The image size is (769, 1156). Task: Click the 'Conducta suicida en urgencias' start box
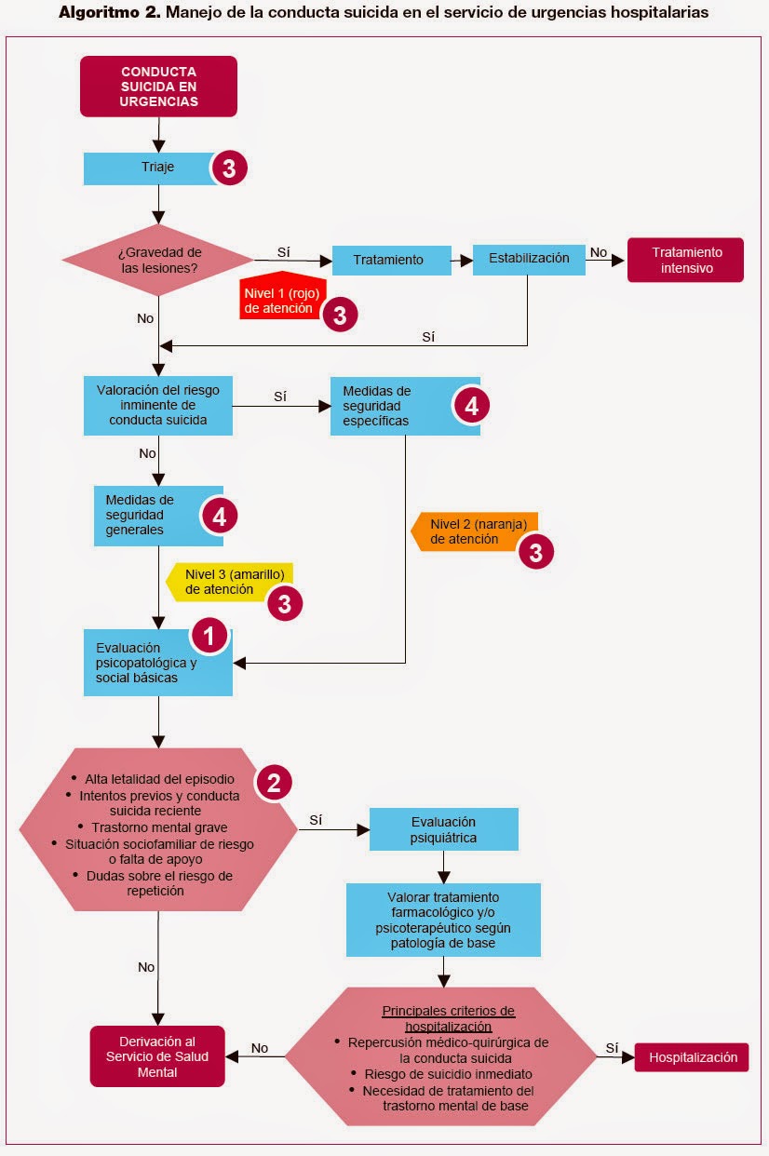158,87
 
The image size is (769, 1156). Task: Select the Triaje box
149,168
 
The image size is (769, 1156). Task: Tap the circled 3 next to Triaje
229,168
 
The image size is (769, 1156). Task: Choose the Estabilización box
529,259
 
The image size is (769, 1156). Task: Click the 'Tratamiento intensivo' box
685,261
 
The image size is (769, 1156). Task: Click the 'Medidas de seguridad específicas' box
391,406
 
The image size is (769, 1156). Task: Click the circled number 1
209,638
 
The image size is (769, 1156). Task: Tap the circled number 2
273,783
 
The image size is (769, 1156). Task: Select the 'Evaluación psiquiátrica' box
443,829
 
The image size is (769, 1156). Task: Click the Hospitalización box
692,1057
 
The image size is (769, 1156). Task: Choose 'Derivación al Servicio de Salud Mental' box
157,1056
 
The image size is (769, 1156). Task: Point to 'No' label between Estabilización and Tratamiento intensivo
599,252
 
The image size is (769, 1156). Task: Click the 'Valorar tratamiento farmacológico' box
443,920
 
